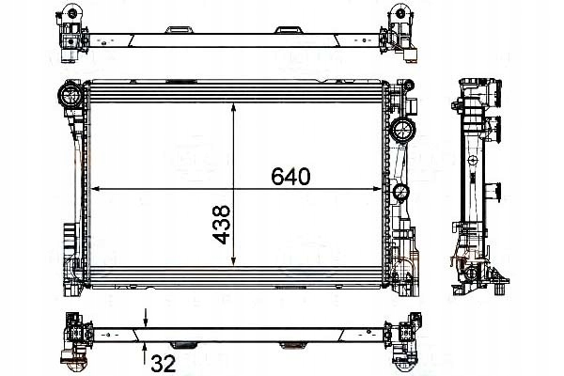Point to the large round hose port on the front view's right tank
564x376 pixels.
(x=401, y=131)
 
